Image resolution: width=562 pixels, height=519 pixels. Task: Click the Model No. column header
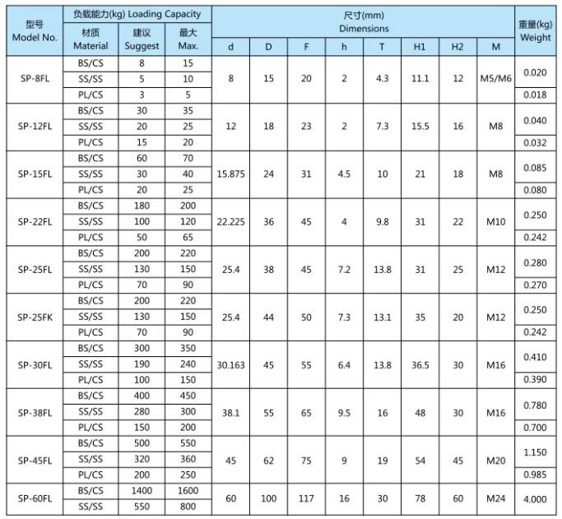pos(35,31)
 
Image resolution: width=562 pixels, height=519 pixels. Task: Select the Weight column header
pos(535,31)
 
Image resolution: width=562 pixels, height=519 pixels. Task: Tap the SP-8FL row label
pos(35,79)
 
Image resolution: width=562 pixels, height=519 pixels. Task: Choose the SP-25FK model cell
pos(35,317)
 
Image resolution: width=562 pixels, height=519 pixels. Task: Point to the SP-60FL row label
pos(35,498)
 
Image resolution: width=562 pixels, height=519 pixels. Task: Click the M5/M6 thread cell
pos(495,79)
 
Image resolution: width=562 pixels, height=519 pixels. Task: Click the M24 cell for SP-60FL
pos(495,498)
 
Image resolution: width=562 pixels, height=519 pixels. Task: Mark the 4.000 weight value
pos(535,498)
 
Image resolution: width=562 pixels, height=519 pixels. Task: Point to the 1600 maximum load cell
pos(188,490)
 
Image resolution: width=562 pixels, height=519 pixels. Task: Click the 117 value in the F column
pos(306,498)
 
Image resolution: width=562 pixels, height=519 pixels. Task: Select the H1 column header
pos(420,47)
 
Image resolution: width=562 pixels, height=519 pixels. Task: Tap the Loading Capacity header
pos(137,14)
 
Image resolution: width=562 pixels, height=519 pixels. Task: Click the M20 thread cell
pos(495,460)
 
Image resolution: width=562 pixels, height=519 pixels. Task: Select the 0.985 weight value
pos(535,475)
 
